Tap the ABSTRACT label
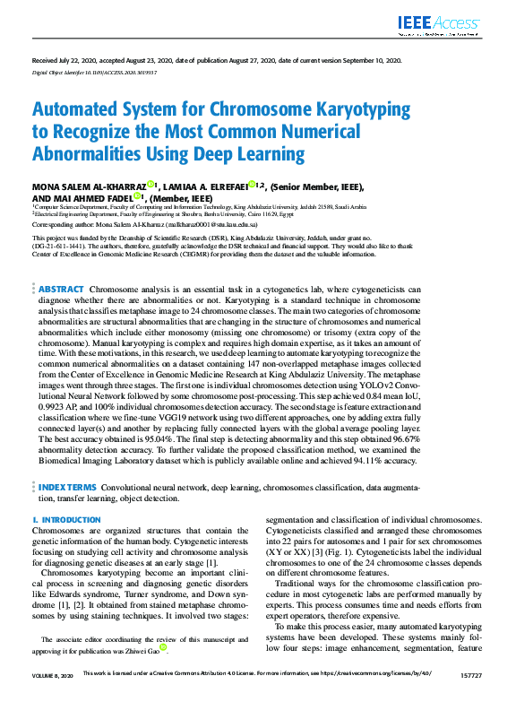[62, 290]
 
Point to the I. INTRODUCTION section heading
[66, 520]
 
